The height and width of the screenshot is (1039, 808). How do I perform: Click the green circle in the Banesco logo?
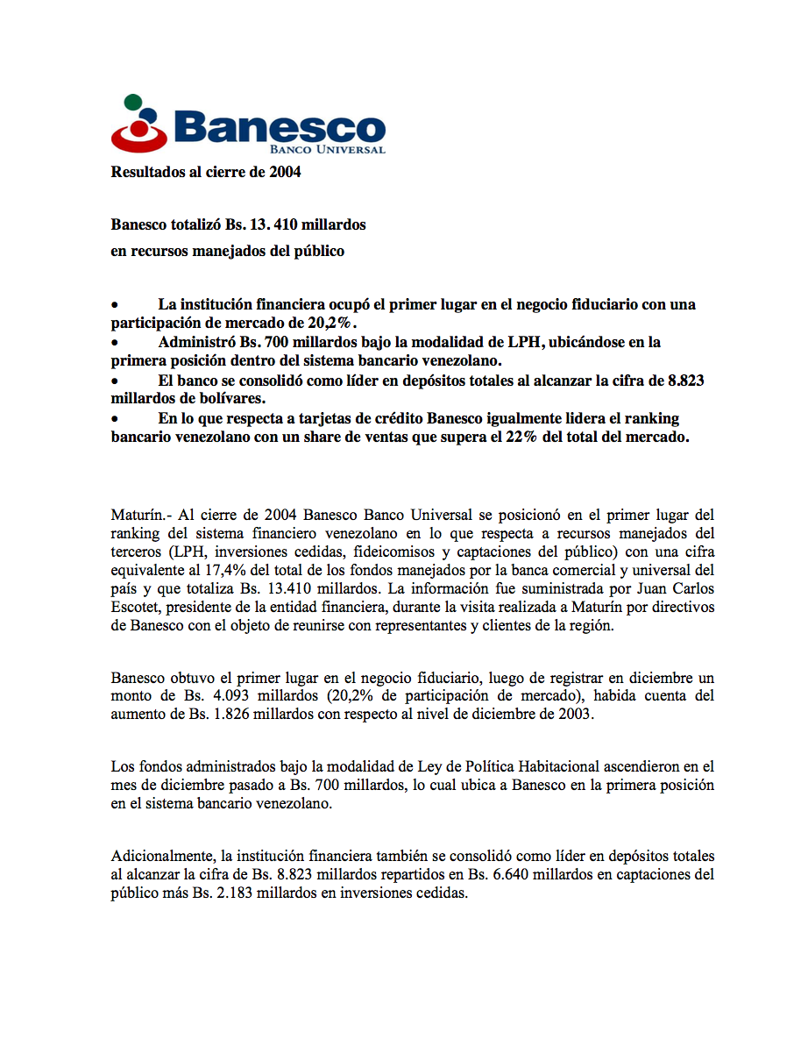pyautogui.click(x=131, y=102)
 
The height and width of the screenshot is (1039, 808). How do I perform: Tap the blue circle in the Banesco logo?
pyautogui.click(x=150, y=115)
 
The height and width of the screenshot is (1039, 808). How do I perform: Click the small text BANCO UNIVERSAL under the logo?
pyautogui.click(x=337, y=150)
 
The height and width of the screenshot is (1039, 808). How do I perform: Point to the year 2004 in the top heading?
pyautogui.click(x=286, y=172)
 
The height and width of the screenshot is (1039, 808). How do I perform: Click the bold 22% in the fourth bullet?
pyautogui.click(x=521, y=438)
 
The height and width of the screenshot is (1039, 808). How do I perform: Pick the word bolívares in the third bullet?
pyautogui.click(x=205, y=398)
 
